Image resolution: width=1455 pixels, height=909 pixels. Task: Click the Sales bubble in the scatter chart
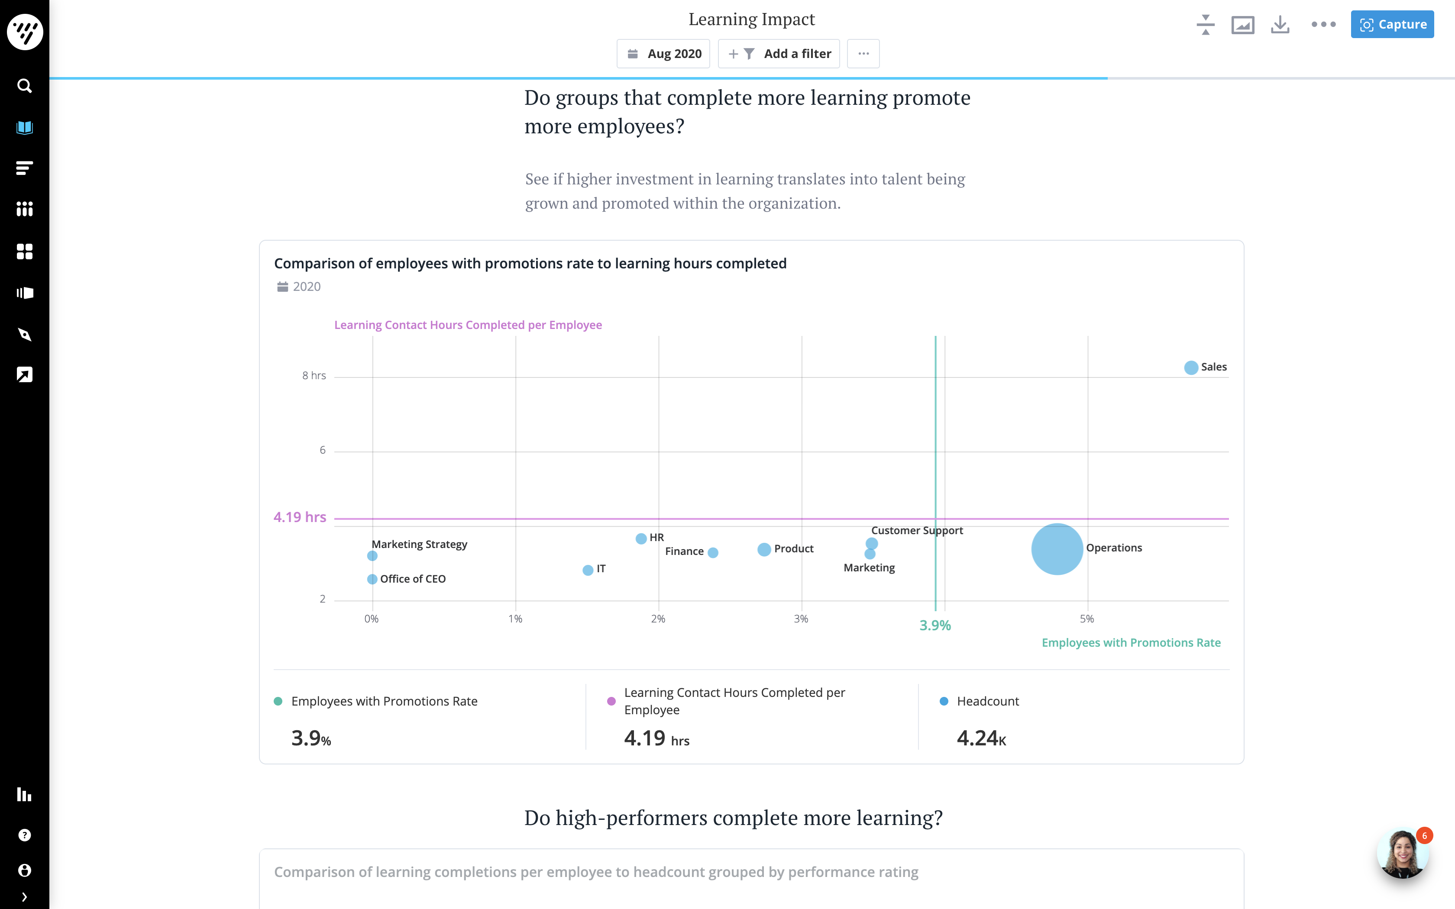point(1190,367)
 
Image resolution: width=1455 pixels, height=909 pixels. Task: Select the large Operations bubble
point(1056,549)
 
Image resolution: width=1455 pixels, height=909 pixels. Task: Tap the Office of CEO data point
point(372,579)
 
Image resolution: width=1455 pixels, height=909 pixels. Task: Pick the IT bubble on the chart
point(587,570)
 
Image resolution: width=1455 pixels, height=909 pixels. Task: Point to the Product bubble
point(763,549)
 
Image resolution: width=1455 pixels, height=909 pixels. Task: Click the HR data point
point(641,538)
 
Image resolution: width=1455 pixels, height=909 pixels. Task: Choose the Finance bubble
point(712,552)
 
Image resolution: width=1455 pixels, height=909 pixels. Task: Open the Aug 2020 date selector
point(664,54)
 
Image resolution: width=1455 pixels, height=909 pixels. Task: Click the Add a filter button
point(779,54)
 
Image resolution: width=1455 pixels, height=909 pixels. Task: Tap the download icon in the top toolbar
point(1280,25)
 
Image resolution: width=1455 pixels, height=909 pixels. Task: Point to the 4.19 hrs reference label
point(299,517)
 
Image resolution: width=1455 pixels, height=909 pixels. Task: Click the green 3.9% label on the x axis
point(935,625)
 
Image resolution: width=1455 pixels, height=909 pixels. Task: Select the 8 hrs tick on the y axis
point(314,376)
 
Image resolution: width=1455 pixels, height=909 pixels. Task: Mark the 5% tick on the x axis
point(1086,619)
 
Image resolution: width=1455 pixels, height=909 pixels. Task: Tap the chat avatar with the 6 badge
point(1402,854)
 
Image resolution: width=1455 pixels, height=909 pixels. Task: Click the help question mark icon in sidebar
point(24,835)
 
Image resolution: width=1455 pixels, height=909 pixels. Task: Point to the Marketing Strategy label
point(419,544)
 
